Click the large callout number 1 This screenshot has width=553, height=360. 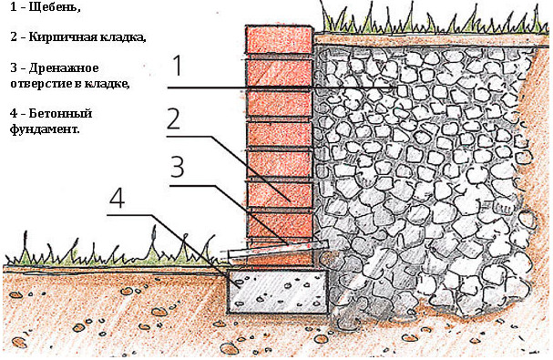tap(178, 66)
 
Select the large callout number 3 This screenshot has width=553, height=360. tap(178, 166)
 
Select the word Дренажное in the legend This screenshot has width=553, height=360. tap(64, 67)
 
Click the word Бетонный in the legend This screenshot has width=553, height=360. tap(60, 113)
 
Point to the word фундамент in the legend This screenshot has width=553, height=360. tap(44, 129)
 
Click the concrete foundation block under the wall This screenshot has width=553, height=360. tap(277, 292)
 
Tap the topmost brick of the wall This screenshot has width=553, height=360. tap(280, 39)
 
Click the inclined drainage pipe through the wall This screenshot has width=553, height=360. tap(274, 251)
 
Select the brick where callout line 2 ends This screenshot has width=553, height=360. tap(280, 194)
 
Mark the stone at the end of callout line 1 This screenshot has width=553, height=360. tap(402, 91)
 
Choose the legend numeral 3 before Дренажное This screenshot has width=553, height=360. tap(14, 67)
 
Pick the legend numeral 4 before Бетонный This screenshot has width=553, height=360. tap(14, 113)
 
